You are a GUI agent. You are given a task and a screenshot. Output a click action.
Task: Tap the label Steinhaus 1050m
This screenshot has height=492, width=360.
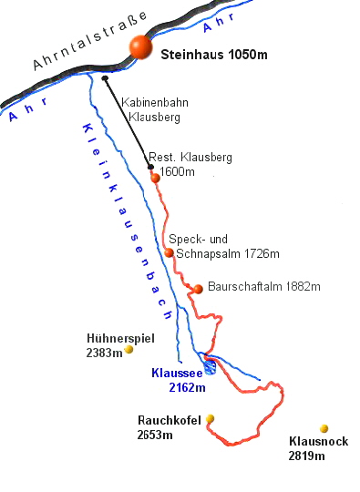[x=213, y=55]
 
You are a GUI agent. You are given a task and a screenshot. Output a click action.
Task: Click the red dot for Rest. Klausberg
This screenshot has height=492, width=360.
[x=156, y=177]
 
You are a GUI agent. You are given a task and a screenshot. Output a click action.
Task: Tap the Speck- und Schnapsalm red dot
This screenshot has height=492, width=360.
[x=169, y=252]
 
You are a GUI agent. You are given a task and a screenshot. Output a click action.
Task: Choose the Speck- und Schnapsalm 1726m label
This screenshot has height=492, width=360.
[x=223, y=246]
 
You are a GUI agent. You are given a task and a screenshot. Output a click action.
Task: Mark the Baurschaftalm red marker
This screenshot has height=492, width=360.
[x=198, y=289]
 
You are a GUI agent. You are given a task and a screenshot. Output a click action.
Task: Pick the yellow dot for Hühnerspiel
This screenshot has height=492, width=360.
[x=129, y=348]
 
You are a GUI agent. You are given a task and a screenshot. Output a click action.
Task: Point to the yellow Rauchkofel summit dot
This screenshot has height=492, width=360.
[x=210, y=418]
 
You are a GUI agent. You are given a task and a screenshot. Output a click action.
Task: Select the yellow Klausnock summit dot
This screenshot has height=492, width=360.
[x=324, y=428]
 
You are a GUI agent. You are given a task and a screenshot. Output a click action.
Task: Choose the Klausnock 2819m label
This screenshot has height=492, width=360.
[x=306, y=448]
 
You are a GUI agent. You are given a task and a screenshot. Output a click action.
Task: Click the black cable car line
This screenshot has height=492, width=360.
[x=129, y=124]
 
